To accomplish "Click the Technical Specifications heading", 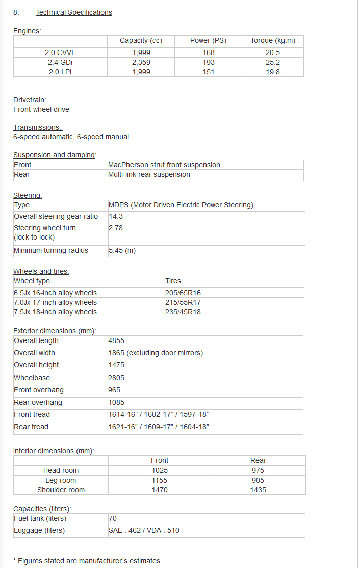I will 73,12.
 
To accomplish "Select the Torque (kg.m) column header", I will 273,41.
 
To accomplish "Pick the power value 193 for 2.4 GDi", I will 208,62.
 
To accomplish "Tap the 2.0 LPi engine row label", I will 60,72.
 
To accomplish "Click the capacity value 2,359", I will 141,62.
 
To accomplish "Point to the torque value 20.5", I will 273,52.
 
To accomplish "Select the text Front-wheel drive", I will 41,109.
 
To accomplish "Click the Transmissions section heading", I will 37,127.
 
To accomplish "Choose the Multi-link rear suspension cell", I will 149,174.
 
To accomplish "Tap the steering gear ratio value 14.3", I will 116,216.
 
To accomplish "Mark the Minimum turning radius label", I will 51,250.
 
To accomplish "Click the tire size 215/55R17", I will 183,302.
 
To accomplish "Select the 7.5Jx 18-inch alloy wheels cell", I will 55,312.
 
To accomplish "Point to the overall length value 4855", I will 116,340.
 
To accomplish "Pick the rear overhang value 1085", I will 116,402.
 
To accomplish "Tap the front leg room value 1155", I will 160,480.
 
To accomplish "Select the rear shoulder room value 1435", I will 258,490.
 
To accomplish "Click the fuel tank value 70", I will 113,518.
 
